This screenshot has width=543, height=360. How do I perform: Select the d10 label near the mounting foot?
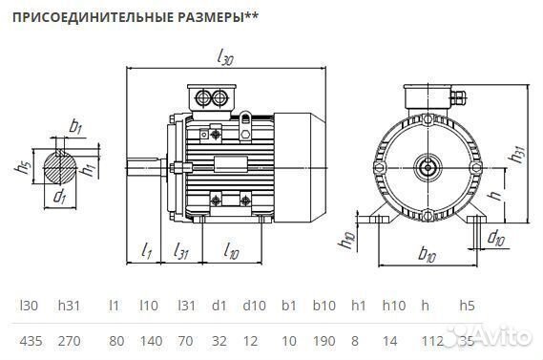[495, 236]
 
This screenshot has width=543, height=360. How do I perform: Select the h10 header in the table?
[392, 307]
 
